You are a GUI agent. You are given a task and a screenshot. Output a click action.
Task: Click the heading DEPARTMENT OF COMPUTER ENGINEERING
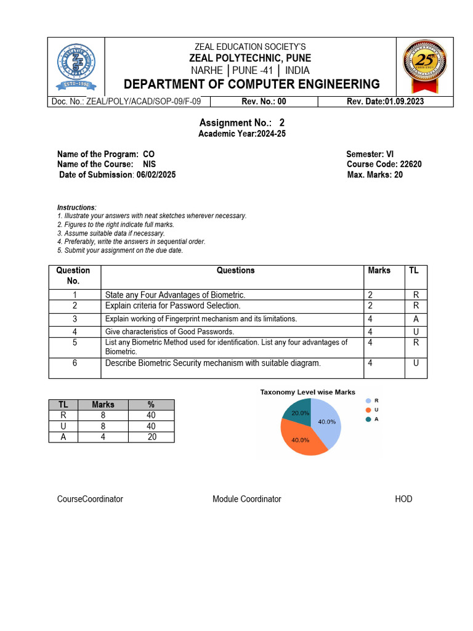(252, 84)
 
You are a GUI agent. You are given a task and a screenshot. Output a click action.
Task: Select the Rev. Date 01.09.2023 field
(385, 102)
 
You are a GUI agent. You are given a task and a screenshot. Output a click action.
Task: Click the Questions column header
(235, 271)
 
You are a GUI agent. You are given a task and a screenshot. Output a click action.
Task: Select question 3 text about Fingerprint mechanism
(201, 319)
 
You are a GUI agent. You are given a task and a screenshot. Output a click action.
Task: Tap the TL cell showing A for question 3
(416, 319)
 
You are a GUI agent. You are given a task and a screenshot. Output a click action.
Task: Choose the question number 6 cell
(75, 364)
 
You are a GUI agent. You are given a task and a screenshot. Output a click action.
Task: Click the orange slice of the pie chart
(299, 439)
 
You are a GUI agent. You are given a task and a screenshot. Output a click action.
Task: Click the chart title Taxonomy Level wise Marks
(307, 392)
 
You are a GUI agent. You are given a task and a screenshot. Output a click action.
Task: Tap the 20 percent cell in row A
(152, 437)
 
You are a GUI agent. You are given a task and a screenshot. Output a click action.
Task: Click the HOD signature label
(403, 499)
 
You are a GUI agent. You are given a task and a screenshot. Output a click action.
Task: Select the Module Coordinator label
(246, 499)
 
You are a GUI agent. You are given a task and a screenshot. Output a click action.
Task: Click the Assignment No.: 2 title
(241, 123)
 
